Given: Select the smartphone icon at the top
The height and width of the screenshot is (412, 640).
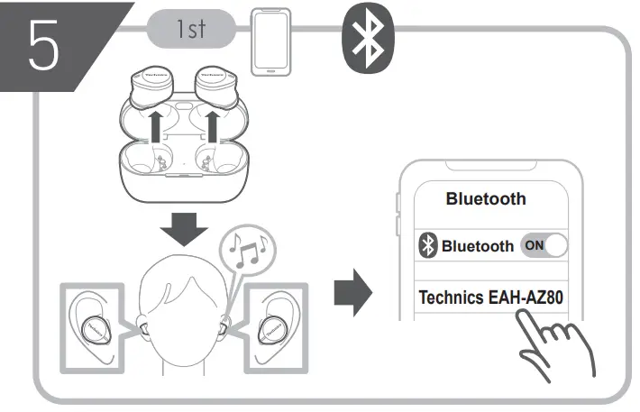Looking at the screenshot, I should click(x=273, y=41).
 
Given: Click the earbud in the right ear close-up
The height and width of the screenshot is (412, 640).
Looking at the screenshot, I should click(x=274, y=329).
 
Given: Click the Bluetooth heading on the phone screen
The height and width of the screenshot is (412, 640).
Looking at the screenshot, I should click(x=486, y=199).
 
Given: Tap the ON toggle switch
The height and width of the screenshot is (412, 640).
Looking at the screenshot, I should click(x=546, y=245).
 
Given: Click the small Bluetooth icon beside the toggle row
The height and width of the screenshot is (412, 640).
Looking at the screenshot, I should click(x=430, y=246).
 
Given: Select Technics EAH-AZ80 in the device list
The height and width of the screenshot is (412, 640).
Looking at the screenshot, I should click(x=497, y=297).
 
